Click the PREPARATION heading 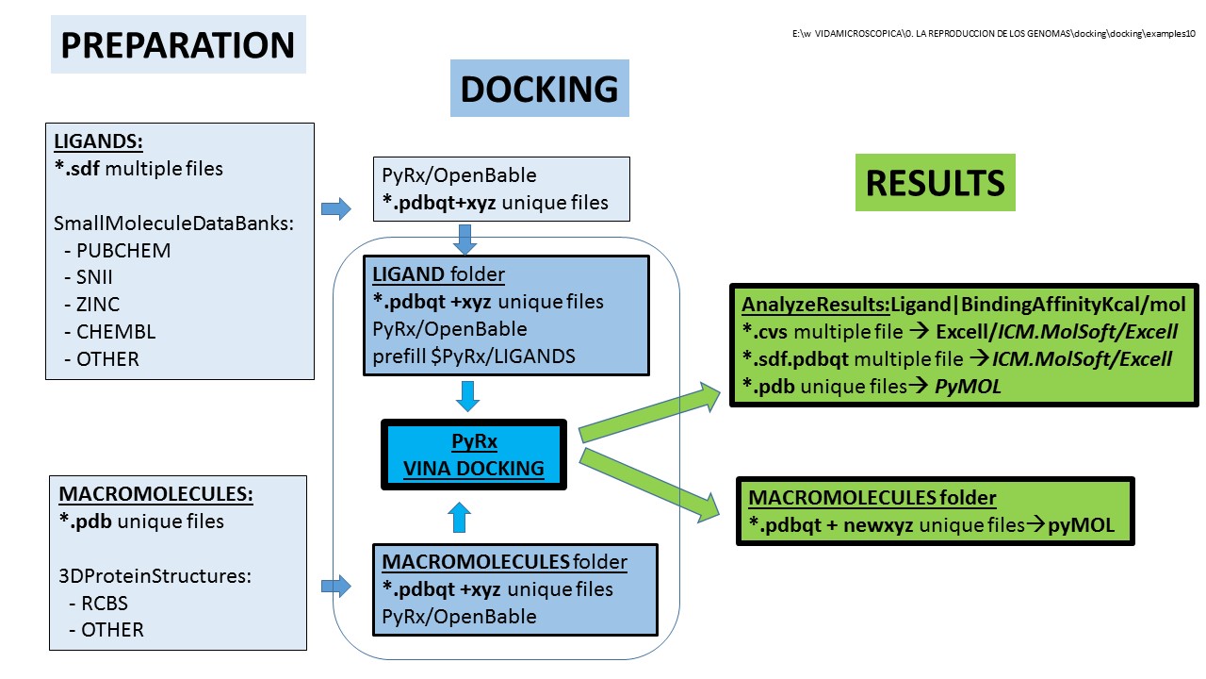tap(178, 45)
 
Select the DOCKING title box tap(539, 89)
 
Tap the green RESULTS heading tap(935, 183)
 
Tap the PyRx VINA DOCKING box tap(474, 455)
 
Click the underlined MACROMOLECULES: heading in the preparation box tap(156, 494)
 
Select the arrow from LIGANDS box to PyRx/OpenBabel tap(335, 208)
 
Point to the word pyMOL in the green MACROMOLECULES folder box tap(1082, 525)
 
